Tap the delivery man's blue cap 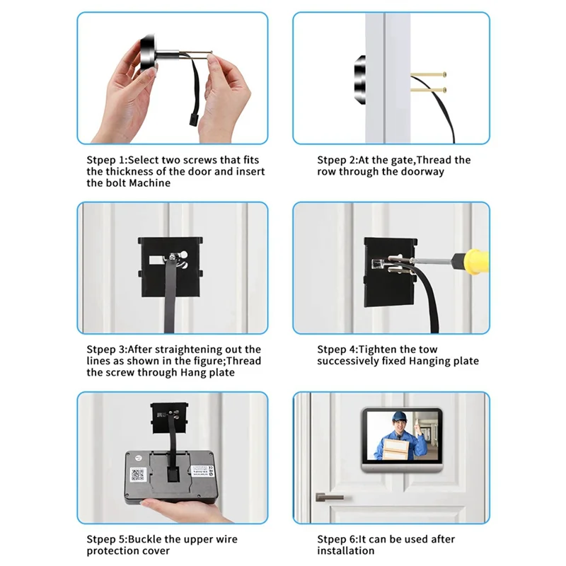coord(401,418)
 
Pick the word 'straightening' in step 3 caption coord(191,350)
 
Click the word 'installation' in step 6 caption coord(345,551)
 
